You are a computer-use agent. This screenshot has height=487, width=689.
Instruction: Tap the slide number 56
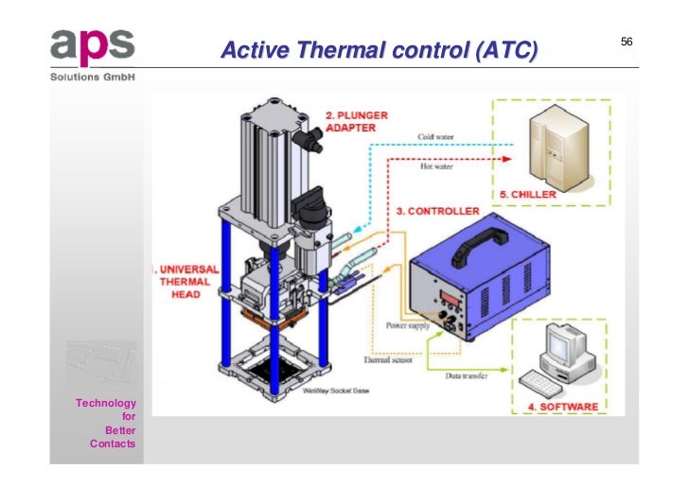(627, 43)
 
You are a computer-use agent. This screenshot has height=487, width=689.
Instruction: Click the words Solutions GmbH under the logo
(92, 77)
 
